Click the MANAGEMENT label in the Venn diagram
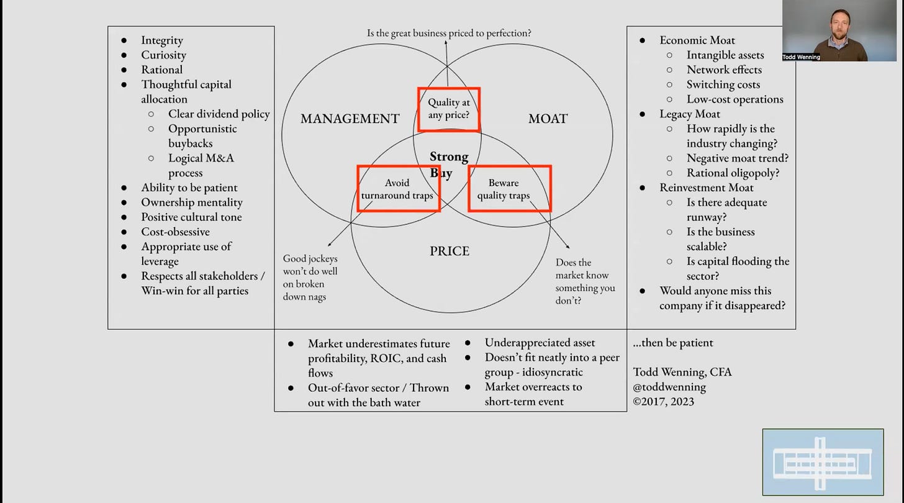point(350,119)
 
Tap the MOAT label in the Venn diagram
point(548,119)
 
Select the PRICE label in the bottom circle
point(450,251)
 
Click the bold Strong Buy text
point(448,165)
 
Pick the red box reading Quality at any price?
point(449,109)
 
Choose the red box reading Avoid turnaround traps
point(398,189)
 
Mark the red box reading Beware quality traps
point(509,189)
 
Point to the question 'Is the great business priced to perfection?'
point(449,33)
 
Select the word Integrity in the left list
point(162,40)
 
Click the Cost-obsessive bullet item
point(175,232)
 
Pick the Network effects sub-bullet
point(724,70)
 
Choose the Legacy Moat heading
point(690,114)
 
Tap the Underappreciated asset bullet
point(540,343)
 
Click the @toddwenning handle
point(669,386)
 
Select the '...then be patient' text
point(673,343)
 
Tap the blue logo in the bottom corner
point(823,462)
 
